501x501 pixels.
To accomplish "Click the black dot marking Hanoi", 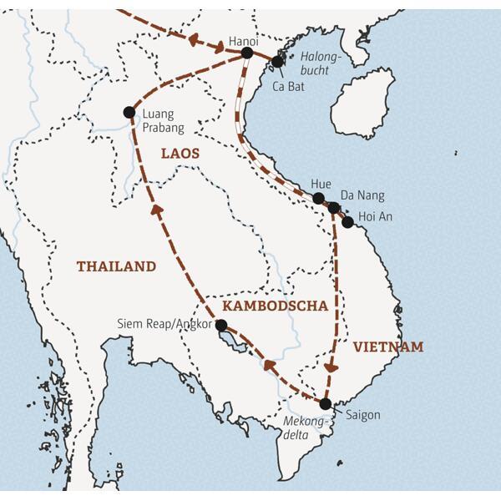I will (x=246, y=53).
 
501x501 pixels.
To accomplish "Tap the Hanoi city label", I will (x=244, y=39).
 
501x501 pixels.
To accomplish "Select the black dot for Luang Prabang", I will (x=129, y=112).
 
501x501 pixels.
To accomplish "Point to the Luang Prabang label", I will (x=163, y=121).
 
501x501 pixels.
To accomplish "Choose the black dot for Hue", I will (x=318, y=199).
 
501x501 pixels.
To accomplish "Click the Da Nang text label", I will (x=365, y=195).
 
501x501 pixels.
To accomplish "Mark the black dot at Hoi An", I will (x=347, y=222).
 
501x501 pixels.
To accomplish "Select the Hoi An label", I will (x=374, y=217).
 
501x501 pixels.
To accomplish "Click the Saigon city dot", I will (x=326, y=404).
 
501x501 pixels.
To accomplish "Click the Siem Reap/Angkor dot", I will (x=221, y=325).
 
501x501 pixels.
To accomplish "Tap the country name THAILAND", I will (x=116, y=266).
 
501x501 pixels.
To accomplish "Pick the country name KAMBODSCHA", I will (x=275, y=306).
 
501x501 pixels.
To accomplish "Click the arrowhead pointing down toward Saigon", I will (x=331, y=367).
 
